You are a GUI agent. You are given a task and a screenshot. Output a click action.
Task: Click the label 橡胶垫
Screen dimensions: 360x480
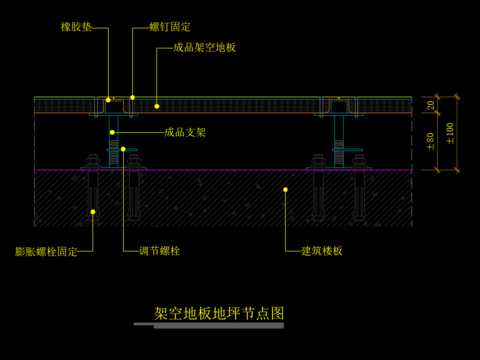[x=76, y=27]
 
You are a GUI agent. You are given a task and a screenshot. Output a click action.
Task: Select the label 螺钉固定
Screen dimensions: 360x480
[x=169, y=27]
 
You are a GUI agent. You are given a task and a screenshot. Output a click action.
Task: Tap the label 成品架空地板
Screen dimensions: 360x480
[x=204, y=47]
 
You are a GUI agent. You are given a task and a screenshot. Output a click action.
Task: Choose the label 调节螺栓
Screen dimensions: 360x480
[x=160, y=251]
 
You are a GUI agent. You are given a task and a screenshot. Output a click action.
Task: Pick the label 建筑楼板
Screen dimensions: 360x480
[x=322, y=251]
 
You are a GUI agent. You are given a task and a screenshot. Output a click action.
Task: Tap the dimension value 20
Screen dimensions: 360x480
[x=431, y=105]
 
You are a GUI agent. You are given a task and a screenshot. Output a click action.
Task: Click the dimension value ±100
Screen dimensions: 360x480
[x=450, y=132]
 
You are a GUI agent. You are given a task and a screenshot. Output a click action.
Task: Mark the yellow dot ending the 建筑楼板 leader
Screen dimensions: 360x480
[x=286, y=188]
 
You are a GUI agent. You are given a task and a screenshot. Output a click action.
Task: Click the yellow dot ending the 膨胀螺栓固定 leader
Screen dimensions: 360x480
[x=93, y=212]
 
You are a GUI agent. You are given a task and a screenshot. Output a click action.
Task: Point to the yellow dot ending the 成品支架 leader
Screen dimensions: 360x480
[x=114, y=131]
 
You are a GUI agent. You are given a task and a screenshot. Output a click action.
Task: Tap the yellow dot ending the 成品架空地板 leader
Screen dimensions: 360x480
[x=156, y=104]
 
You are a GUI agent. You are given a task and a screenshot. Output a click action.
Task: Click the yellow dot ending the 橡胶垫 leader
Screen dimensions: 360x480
[x=107, y=100]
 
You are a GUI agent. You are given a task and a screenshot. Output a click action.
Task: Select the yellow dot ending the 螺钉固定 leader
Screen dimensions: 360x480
[x=132, y=97]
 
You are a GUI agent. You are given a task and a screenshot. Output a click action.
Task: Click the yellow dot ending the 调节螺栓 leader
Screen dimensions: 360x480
[x=124, y=150]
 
